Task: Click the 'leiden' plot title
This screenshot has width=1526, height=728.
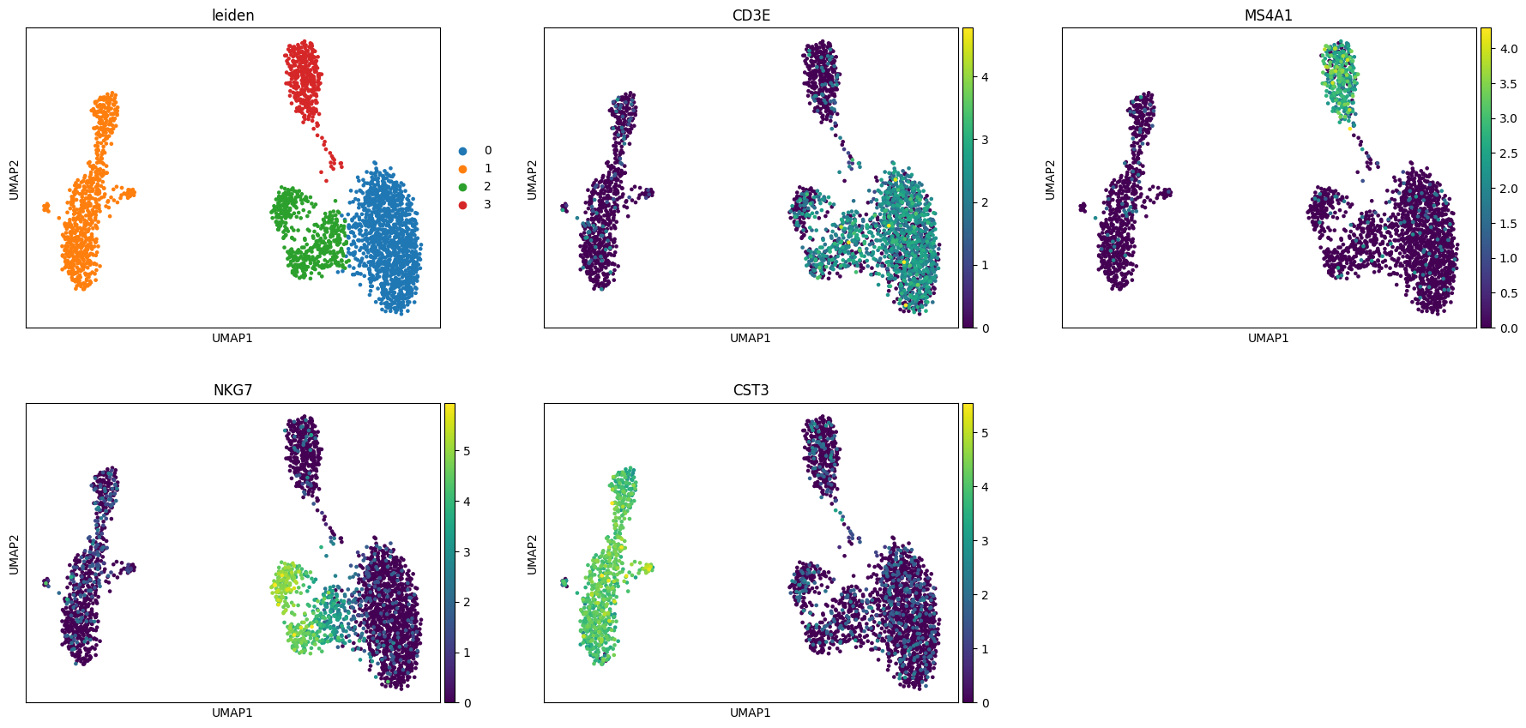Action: (232, 15)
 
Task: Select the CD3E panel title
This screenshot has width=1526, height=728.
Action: (751, 15)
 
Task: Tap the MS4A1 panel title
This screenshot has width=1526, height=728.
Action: (1269, 15)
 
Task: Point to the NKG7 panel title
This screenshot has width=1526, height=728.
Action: (232, 390)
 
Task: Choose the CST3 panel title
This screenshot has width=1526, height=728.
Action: (751, 390)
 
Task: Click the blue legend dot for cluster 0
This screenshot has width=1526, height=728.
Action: (463, 151)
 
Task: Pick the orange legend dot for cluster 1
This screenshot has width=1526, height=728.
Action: (463, 169)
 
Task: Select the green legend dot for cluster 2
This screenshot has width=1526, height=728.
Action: (463, 187)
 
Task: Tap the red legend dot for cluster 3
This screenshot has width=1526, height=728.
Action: (463, 205)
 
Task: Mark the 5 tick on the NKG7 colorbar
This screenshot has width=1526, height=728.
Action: (467, 450)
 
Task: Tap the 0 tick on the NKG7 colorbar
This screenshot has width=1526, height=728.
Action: (467, 703)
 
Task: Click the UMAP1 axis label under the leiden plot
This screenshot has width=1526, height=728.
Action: (232, 338)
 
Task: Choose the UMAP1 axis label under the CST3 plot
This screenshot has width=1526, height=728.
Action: (751, 713)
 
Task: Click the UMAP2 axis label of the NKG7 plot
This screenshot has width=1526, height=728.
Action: (14, 554)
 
